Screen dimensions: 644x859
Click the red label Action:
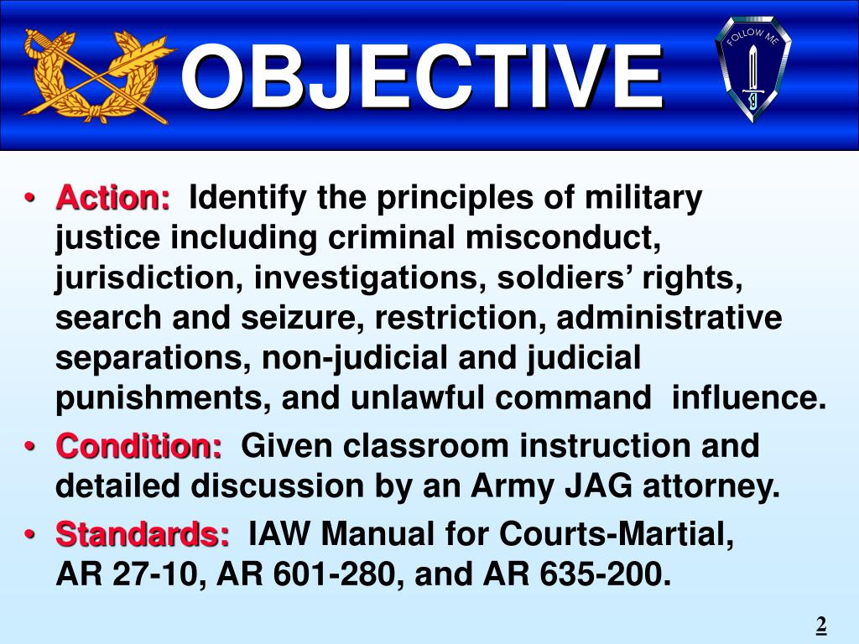(112, 199)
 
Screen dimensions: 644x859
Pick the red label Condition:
(139, 446)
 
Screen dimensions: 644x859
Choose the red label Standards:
(143, 533)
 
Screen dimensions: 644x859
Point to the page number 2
(821, 624)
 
